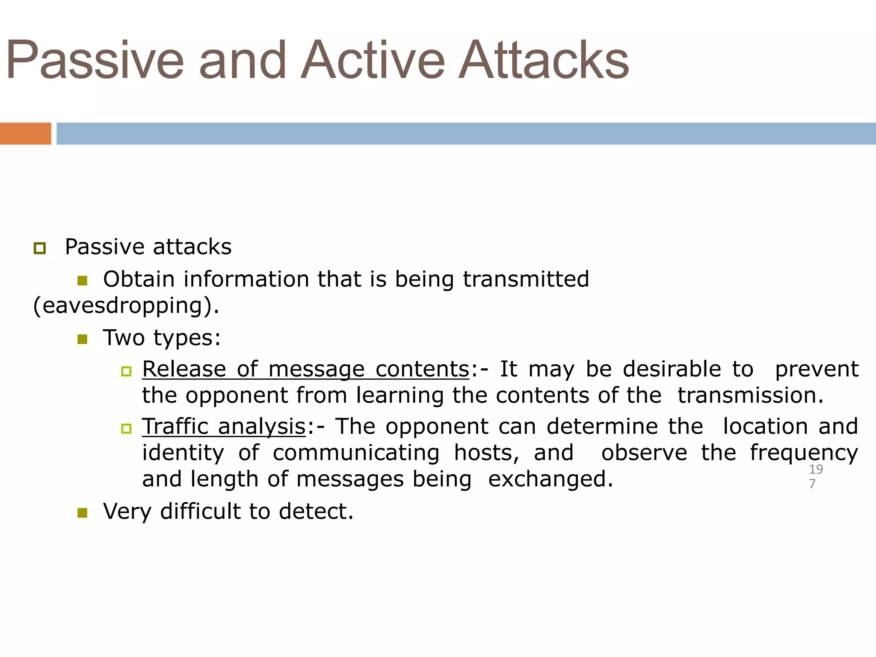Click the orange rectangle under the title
(x=25, y=133)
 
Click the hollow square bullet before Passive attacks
(x=40, y=248)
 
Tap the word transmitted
(x=526, y=279)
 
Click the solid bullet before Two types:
(x=82, y=340)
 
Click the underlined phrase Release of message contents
(x=306, y=369)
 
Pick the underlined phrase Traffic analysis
(x=224, y=426)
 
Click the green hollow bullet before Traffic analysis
(x=126, y=429)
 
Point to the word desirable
(x=672, y=369)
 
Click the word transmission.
(x=750, y=395)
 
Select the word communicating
(x=356, y=453)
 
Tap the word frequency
(x=804, y=453)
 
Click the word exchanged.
(x=550, y=479)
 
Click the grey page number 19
(x=816, y=469)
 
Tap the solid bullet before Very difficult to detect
(x=82, y=513)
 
